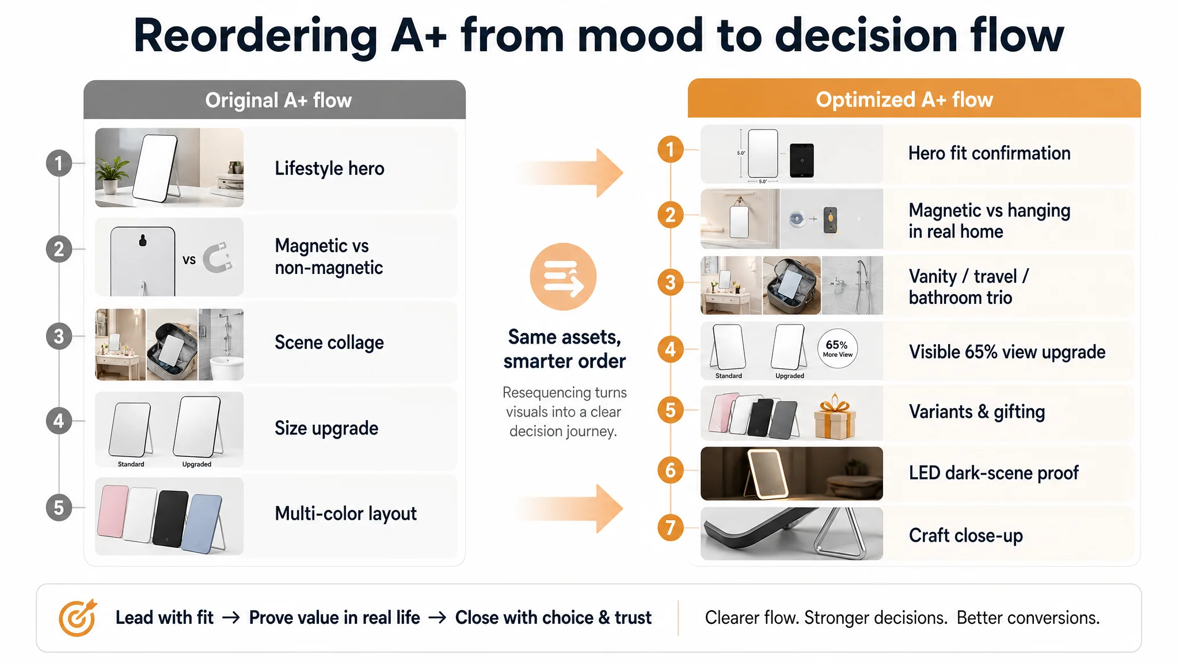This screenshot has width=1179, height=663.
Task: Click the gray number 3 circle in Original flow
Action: point(59,336)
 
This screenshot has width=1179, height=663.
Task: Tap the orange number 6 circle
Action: point(670,470)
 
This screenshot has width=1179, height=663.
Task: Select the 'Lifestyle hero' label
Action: point(329,168)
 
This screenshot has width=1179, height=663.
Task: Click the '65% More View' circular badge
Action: point(838,348)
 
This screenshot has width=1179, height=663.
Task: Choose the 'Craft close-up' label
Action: point(965,535)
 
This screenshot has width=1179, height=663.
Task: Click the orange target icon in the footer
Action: point(77,618)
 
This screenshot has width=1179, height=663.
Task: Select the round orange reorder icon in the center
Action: point(563,277)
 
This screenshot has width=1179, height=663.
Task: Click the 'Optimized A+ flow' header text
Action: point(904,100)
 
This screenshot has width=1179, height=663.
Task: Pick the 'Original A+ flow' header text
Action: point(279,100)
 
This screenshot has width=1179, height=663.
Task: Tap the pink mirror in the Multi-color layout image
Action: point(113,511)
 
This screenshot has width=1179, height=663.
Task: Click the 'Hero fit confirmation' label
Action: point(989,153)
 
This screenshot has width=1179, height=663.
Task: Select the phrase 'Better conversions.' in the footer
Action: point(1028,618)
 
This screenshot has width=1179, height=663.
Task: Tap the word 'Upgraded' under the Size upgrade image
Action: point(197,464)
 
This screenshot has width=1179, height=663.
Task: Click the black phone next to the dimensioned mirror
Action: point(802,160)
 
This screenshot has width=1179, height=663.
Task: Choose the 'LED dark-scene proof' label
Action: point(994,473)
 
